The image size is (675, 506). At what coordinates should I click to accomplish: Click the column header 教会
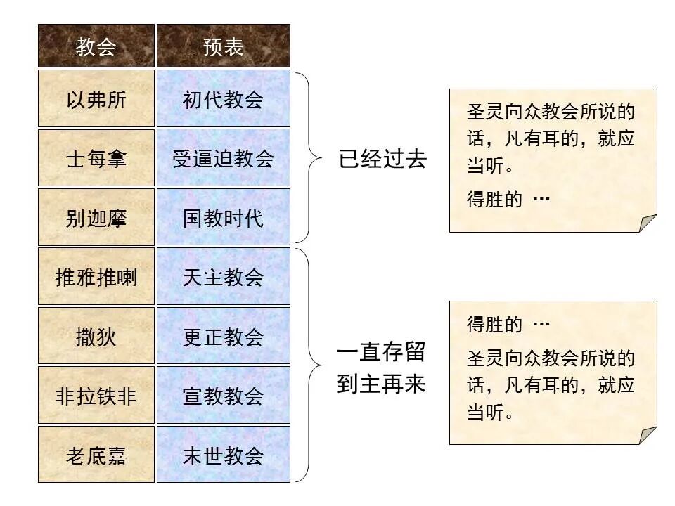[x=96, y=46]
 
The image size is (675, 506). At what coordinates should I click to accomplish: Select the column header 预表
[x=223, y=46]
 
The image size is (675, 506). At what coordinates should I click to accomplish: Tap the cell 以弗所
[x=96, y=99]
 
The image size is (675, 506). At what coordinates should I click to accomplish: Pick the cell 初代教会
[x=223, y=99]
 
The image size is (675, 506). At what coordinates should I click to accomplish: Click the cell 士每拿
[x=96, y=158]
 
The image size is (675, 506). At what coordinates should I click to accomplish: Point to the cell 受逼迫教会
[x=223, y=158]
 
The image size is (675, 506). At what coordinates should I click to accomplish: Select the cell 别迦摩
[x=96, y=217]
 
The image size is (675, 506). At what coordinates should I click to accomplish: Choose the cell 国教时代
[x=223, y=217]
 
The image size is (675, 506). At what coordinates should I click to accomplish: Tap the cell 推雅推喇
[x=96, y=277]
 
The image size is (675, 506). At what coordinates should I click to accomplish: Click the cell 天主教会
[x=223, y=277]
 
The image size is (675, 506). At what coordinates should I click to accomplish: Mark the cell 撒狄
[x=96, y=336]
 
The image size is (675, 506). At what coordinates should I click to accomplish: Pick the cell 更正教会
[x=223, y=336]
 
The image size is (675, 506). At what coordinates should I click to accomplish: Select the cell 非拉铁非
[x=96, y=396]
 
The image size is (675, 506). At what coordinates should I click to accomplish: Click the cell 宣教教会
[x=223, y=396]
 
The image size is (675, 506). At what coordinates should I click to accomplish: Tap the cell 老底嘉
[x=96, y=455]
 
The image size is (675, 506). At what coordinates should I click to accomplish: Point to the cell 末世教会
[x=223, y=455]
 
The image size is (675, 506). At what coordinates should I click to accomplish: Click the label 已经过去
[x=382, y=159]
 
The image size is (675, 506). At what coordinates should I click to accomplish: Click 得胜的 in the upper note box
[x=494, y=200]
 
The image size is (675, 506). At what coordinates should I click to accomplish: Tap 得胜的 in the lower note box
[x=494, y=325]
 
